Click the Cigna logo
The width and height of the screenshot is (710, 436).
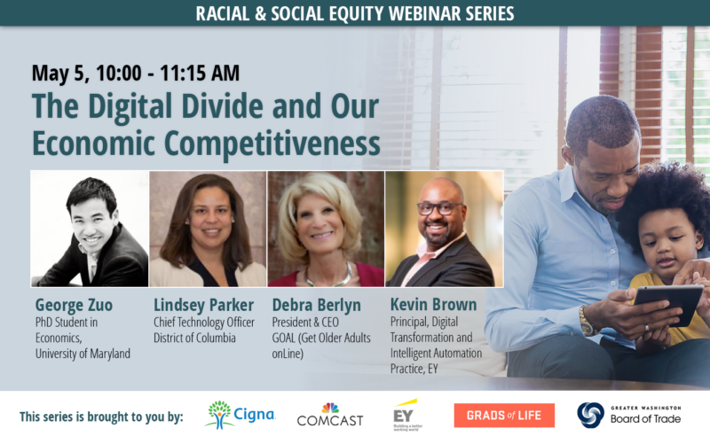point(240,415)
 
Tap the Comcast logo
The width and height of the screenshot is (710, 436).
point(330,415)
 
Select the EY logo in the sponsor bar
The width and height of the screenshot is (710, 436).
point(406,415)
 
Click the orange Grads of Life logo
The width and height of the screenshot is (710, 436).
point(504,416)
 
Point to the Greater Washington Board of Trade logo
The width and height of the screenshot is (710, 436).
point(629,415)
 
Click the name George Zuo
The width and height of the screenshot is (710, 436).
point(74,305)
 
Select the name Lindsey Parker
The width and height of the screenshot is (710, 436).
point(203,306)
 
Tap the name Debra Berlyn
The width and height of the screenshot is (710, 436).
point(316,306)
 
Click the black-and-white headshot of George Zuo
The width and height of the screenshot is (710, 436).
point(90,229)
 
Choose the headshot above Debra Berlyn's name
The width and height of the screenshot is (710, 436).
point(326,229)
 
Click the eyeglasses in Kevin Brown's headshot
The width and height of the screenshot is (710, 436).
point(438,209)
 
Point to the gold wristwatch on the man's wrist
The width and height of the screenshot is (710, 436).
point(588,320)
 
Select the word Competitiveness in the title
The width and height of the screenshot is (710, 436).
point(272,144)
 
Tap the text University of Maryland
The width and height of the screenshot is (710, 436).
point(83,354)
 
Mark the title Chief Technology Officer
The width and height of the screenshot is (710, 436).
point(204,322)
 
